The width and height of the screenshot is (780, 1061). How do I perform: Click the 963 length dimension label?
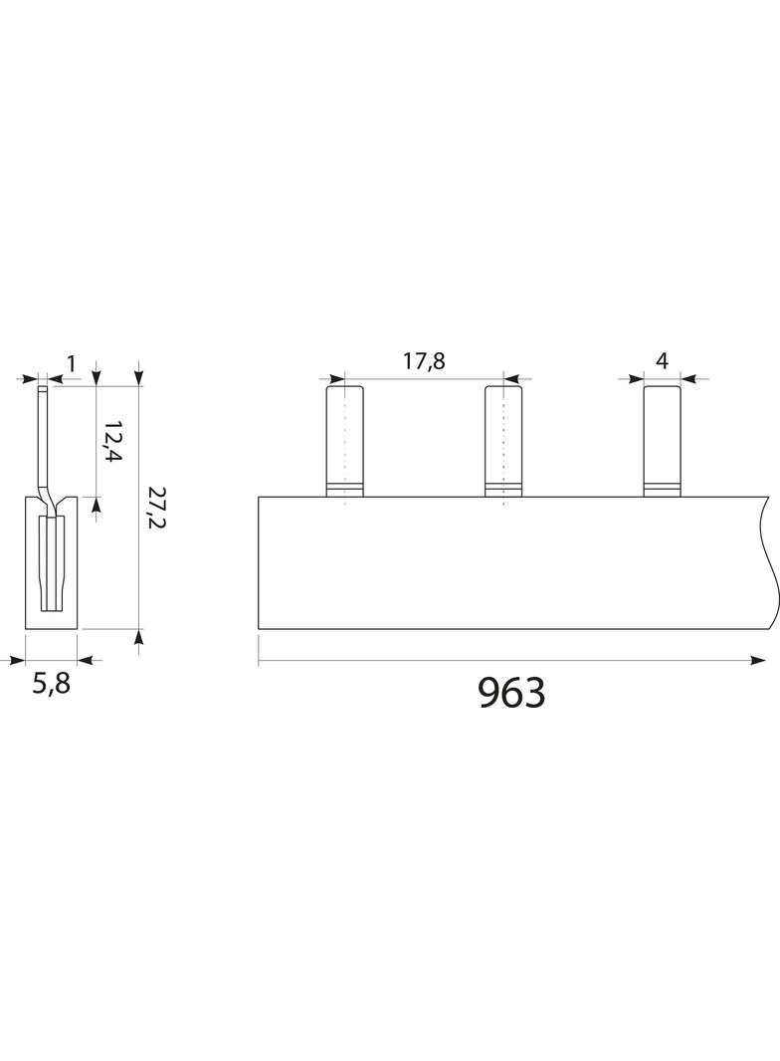point(511,692)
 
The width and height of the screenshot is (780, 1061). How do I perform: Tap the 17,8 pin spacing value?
point(424,361)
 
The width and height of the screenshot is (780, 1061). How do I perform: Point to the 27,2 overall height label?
point(156,508)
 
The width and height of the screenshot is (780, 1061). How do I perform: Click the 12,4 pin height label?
point(112,441)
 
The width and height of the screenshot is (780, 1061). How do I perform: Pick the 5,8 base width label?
point(52,684)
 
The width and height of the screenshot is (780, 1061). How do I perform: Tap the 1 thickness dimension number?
point(71,364)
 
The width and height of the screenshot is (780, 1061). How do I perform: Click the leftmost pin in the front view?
point(345,441)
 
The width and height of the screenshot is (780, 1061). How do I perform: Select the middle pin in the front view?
point(503,441)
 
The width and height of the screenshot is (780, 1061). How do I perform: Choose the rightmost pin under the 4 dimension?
point(662,441)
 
